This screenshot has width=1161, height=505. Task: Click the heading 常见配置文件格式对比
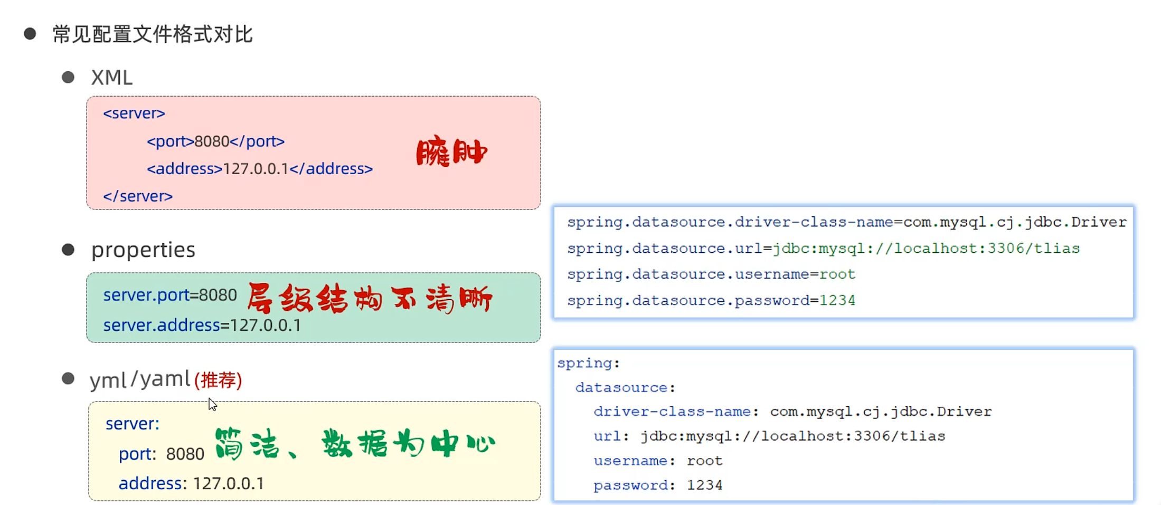pos(153,35)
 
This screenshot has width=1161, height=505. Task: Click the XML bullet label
pos(111,78)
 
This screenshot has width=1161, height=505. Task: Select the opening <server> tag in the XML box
pos(134,113)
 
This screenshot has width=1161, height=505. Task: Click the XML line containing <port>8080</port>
pos(215,141)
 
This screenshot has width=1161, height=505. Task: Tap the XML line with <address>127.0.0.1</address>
pos(260,169)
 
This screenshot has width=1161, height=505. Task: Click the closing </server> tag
pos(138,196)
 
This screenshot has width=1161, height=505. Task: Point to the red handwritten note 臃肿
pos(451,153)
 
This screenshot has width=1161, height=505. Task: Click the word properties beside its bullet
pos(143,250)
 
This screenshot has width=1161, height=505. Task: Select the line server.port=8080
pos(170,295)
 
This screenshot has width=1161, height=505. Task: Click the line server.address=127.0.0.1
pos(202,325)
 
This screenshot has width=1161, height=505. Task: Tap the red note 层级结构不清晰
pos(370,299)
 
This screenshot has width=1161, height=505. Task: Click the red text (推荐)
pos(218,380)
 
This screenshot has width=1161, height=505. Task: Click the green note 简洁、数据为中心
pos(355,443)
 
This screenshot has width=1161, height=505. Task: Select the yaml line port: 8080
pos(161,454)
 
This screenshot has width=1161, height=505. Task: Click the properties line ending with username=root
pos(711,274)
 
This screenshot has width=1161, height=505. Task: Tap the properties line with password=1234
pos(711,301)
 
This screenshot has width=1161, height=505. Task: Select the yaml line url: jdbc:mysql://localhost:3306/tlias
pos(769,436)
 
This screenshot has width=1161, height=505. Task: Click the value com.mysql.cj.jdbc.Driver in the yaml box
pos(881,412)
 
